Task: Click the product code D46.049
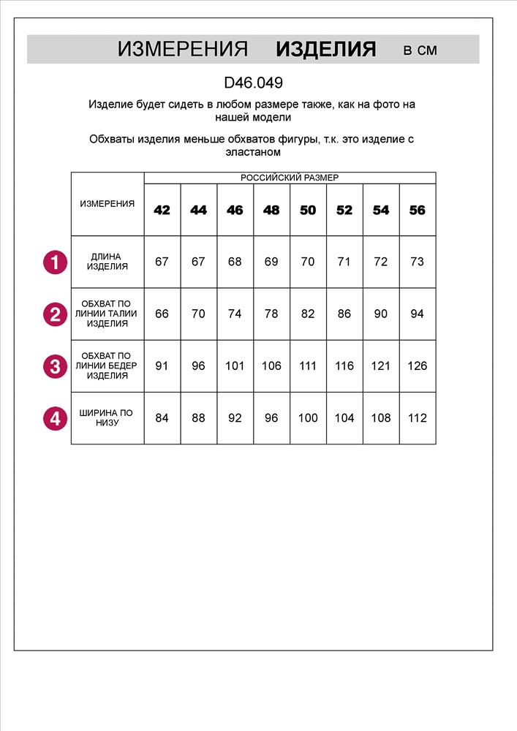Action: [x=253, y=83]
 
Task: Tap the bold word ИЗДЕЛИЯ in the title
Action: [x=325, y=50]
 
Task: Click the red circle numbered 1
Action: [x=55, y=262]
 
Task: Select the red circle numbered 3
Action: [x=55, y=366]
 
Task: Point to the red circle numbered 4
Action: [x=55, y=419]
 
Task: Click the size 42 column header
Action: [x=162, y=211]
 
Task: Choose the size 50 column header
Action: [x=308, y=211]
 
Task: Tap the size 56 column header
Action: [x=417, y=211]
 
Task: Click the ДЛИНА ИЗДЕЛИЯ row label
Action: [x=107, y=262]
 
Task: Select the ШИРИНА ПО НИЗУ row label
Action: [x=107, y=418]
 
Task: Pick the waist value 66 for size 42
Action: [x=162, y=314]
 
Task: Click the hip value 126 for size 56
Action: [x=417, y=366]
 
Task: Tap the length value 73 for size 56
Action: [x=417, y=262]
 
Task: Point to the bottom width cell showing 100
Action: [x=308, y=418]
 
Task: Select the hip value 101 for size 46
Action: [x=235, y=366]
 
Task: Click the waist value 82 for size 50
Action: [x=308, y=314]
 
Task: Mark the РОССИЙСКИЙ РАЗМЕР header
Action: [x=290, y=178]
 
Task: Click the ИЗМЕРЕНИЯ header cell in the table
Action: [x=107, y=204]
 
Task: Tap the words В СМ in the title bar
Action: [x=420, y=50]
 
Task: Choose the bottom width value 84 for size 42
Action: [x=162, y=418]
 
